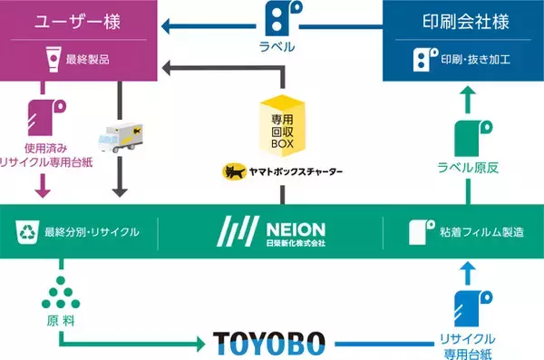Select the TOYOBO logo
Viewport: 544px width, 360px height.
tap(270, 343)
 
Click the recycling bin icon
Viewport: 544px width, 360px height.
tap(25, 233)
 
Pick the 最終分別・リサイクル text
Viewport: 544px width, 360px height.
tap(92, 233)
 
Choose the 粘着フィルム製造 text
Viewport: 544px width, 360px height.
tap(480, 233)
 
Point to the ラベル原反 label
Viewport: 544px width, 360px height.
tap(464, 166)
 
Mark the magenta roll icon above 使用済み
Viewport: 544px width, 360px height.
tap(40, 115)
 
